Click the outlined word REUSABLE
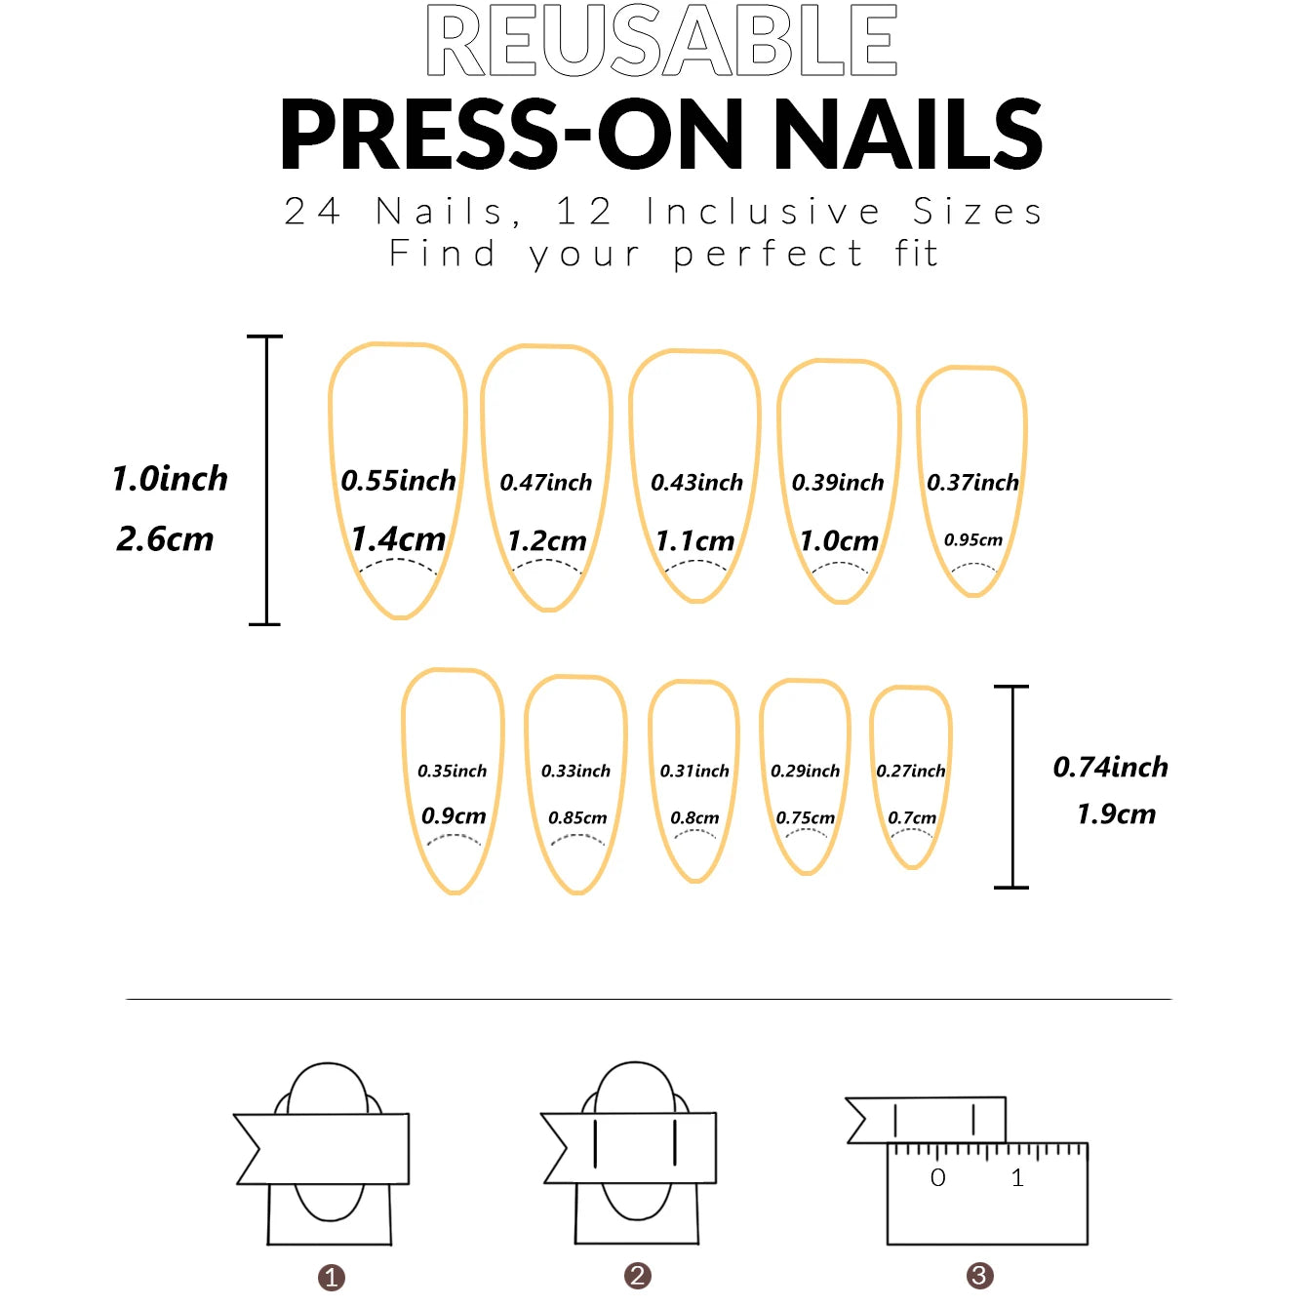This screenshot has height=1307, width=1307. [x=661, y=41]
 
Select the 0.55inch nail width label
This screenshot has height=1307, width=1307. [x=398, y=481]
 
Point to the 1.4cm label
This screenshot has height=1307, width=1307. [x=398, y=538]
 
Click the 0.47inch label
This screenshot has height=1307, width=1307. [x=545, y=483]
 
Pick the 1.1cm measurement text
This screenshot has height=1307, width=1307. [x=694, y=540]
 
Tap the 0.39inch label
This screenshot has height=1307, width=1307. [x=837, y=483]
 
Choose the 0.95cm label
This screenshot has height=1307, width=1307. [x=972, y=539]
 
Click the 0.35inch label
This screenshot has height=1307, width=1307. [x=452, y=772]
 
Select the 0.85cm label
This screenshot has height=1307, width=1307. [x=576, y=817]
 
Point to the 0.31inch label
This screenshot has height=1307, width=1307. [x=693, y=772]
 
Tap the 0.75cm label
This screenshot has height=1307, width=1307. [x=805, y=817]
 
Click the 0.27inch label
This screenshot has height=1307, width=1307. [x=910, y=772]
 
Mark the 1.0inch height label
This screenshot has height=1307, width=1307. [x=170, y=479]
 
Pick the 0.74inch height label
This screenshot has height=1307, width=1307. [x=1110, y=768]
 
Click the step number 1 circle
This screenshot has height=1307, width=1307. [x=332, y=1278]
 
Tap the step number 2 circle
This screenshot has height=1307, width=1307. [x=638, y=1276]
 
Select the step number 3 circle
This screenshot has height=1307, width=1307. [x=979, y=1276]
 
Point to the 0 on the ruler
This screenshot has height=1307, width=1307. [x=937, y=1178]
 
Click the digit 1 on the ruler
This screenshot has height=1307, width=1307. [x=1017, y=1178]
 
